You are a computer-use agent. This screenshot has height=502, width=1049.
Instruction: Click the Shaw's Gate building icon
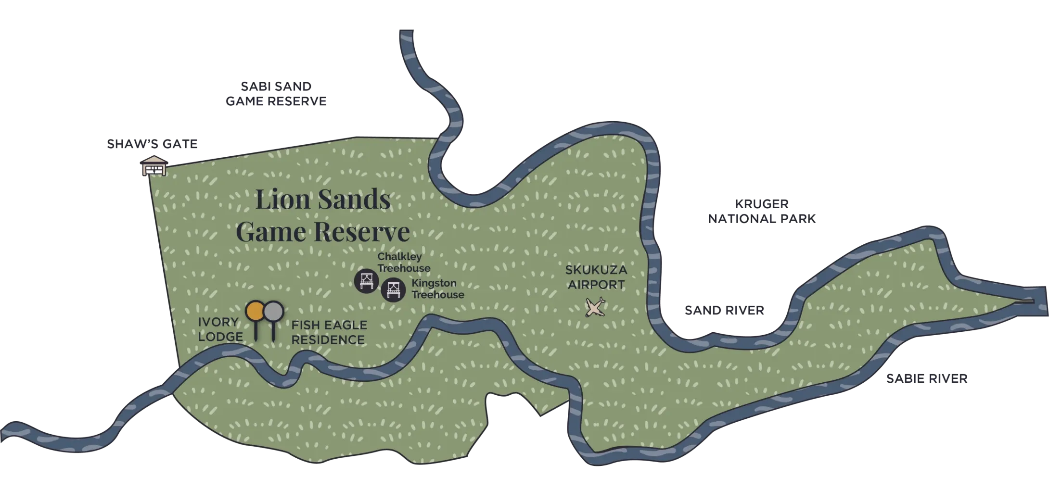pos(154,166)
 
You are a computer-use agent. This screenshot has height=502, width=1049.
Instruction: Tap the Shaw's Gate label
pos(152,144)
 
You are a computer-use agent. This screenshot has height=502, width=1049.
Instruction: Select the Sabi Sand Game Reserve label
pos(276,94)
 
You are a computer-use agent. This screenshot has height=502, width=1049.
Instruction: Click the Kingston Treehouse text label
pos(437,289)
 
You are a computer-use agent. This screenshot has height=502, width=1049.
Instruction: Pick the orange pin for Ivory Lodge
pos(255,311)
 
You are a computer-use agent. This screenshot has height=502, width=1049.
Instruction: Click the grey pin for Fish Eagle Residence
pos(273,311)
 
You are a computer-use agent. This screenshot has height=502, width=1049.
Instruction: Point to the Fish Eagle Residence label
pos(329,332)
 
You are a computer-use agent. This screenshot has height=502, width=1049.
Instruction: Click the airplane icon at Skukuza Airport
pos(595,307)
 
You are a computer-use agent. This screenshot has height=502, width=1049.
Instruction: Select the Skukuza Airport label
pos(596,277)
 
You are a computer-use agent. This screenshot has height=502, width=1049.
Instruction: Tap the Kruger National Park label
pos(762,211)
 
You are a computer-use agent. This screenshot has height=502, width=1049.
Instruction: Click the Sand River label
pos(725,310)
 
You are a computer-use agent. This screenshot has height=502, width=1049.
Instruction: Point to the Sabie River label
pos(927,379)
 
